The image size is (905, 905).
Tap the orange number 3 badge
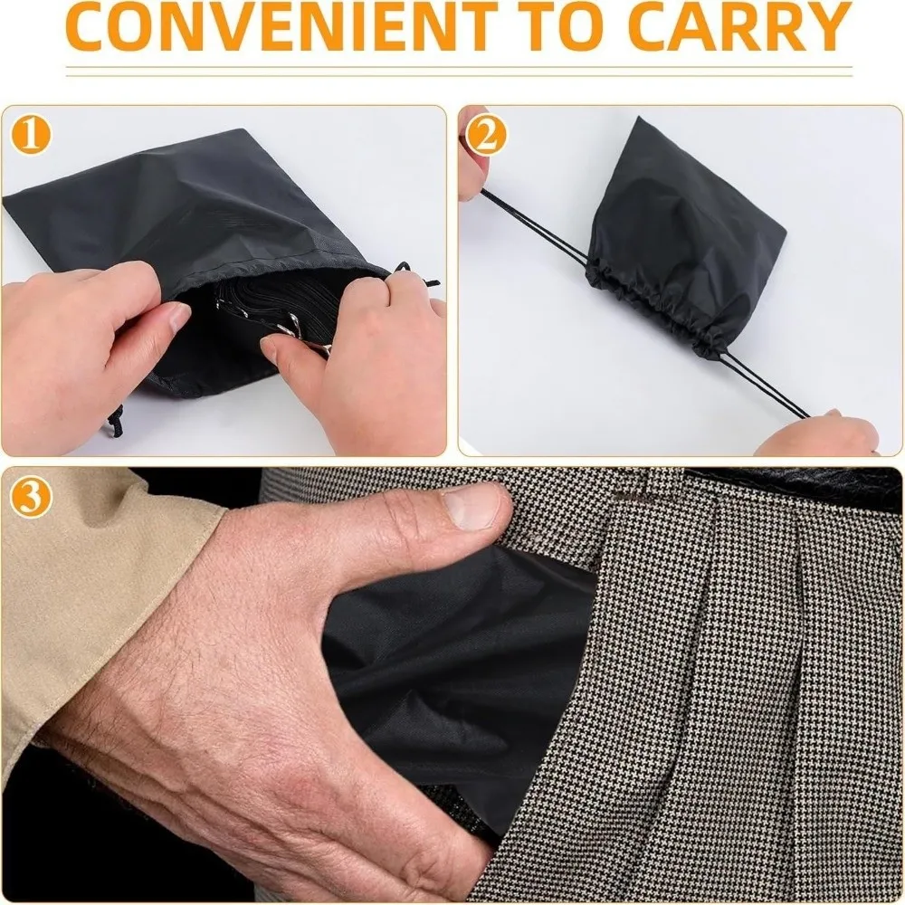pyautogui.click(x=31, y=497)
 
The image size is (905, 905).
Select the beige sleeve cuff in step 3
pyautogui.click(x=109, y=579)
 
